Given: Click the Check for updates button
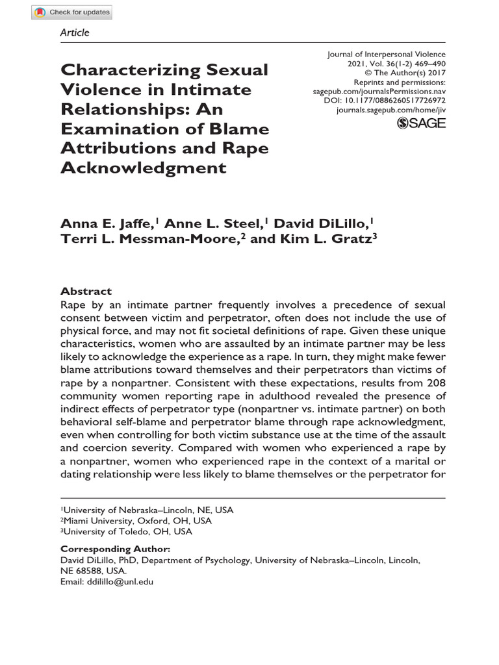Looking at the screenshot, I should [72, 12].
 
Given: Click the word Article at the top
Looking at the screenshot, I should [75, 32].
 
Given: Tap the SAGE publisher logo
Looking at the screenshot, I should [421, 123].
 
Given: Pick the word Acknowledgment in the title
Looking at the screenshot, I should [143, 168].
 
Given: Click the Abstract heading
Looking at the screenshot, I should [86, 292].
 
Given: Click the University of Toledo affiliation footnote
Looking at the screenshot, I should [126, 531].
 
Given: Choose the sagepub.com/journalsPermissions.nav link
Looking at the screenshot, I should [379, 92].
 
